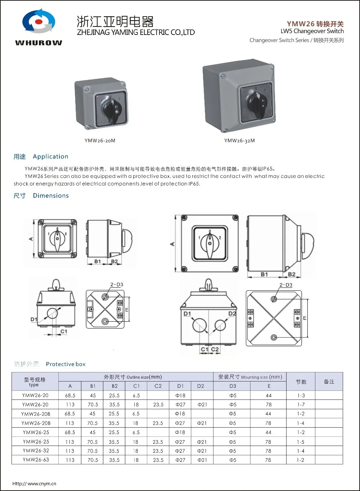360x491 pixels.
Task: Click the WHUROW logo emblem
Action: pyautogui.click(x=39, y=22)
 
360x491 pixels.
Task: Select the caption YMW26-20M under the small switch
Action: pyautogui.click(x=100, y=140)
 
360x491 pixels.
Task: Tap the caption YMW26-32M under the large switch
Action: pyautogui.click(x=239, y=140)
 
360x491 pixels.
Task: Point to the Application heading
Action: pyautogui.click(x=50, y=157)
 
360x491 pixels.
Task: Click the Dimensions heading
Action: pyautogui.click(x=51, y=196)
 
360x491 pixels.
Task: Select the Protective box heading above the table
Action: pyautogui.click(x=66, y=364)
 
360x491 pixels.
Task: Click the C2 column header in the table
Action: pyautogui.click(x=158, y=386)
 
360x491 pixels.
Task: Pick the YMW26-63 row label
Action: pyautogui.click(x=36, y=460)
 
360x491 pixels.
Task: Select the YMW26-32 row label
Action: pyautogui.click(x=36, y=451)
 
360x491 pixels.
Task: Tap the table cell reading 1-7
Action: pyautogui.click(x=301, y=405)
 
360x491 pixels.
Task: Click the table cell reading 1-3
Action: pyautogui.click(x=301, y=396)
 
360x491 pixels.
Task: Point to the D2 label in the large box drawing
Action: pyautogui.click(x=232, y=314)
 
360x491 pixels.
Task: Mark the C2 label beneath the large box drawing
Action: pyautogui.click(x=215, y=349)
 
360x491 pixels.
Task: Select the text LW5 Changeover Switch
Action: pyautogui.click(x=312, y=31)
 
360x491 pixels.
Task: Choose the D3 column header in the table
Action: pyautogui.click(x=233, y=386)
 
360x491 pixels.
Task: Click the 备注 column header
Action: pyautogui.click(x=329, y=381)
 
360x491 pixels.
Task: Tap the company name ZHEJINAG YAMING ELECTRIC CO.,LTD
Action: pyautogui.click(x=136, y=32)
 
